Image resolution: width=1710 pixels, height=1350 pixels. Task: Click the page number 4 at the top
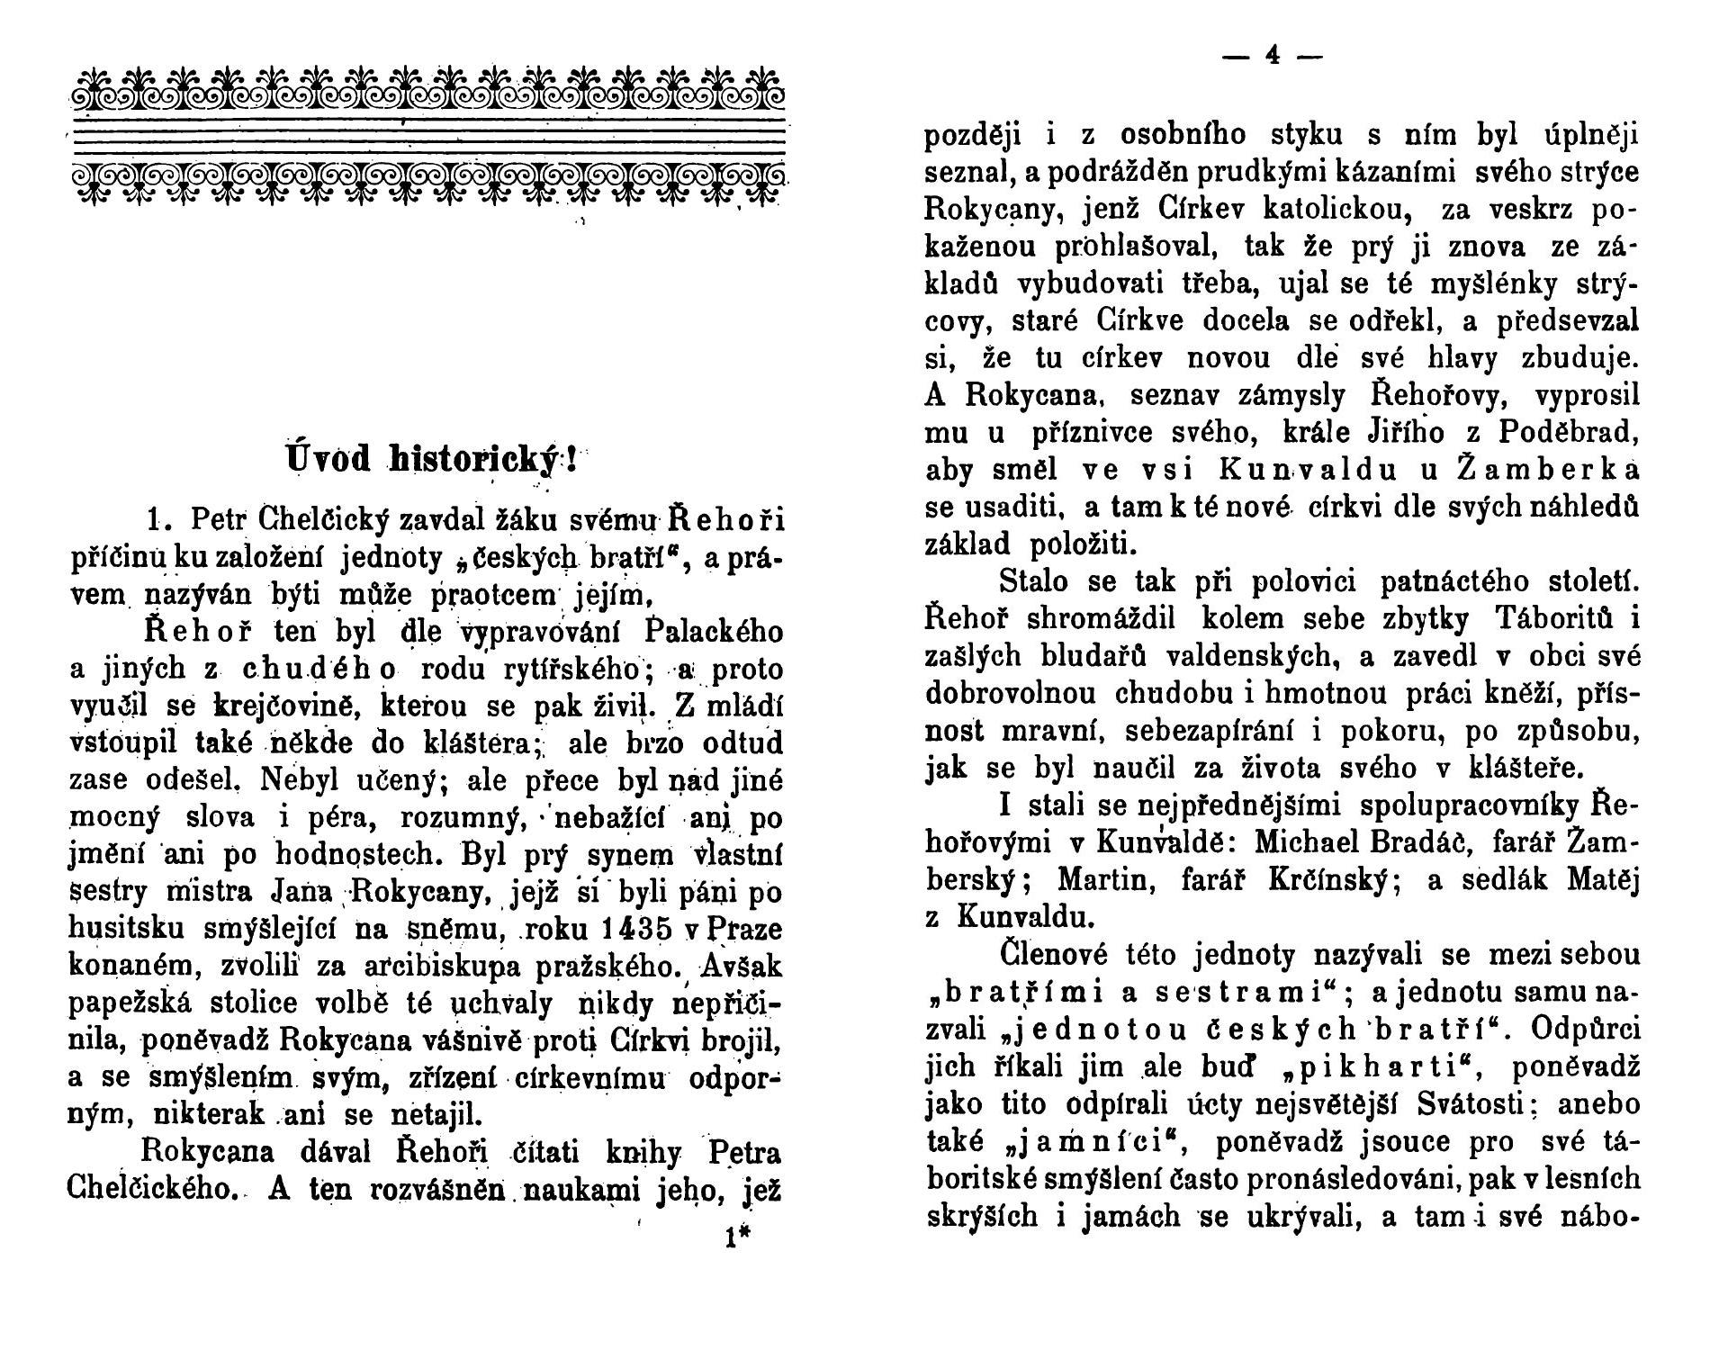click(1272, 56)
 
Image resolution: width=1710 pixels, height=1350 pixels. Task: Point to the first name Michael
click(1313, 841)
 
